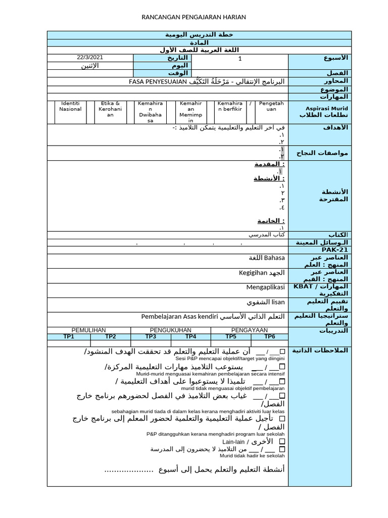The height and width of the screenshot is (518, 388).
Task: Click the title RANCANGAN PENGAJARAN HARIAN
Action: click(195, 17)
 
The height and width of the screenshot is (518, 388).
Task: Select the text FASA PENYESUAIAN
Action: click(158, 81)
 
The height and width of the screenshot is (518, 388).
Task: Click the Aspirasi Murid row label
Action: click(319, 112)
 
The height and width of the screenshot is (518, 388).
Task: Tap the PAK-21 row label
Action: click(319, 250)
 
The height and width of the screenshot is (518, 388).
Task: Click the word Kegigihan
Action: click(253, 273)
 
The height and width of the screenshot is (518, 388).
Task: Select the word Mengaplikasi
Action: click(266, 287)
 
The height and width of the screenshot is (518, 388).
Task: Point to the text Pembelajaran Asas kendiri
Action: click(179, 317)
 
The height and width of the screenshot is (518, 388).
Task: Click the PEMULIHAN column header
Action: click(88, 330)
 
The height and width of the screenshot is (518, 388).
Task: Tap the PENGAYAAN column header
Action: click(250, 330)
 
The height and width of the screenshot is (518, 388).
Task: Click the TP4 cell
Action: click(190, 336)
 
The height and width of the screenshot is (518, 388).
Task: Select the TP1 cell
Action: click(69, 336)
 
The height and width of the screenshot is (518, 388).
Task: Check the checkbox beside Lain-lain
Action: click(282, 442)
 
